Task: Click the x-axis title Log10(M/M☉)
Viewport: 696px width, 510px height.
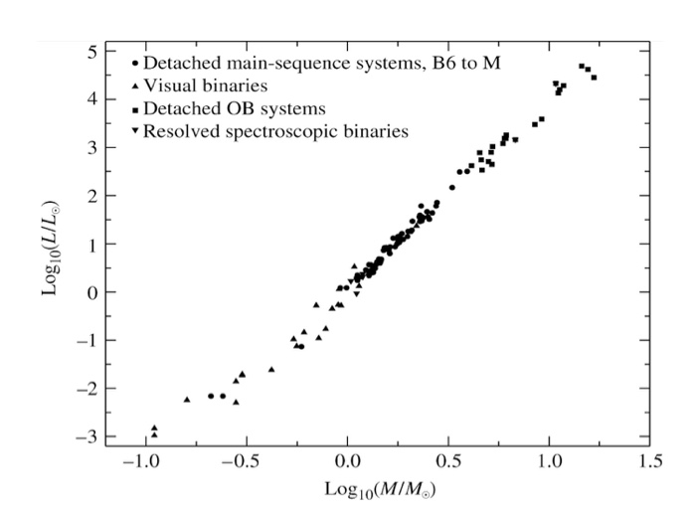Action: [x=380, y=489]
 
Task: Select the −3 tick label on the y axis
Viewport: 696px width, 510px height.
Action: [x=87, y=436]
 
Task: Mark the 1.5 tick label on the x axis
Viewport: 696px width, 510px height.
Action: [x=650, y=463]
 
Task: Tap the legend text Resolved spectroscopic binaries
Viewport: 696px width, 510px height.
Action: [x=275, y=131]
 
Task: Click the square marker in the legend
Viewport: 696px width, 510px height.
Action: [x=134, y=108]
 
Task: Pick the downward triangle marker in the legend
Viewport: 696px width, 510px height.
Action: [x=134, y=131]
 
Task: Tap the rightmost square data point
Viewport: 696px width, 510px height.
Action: [x=594, y=77]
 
